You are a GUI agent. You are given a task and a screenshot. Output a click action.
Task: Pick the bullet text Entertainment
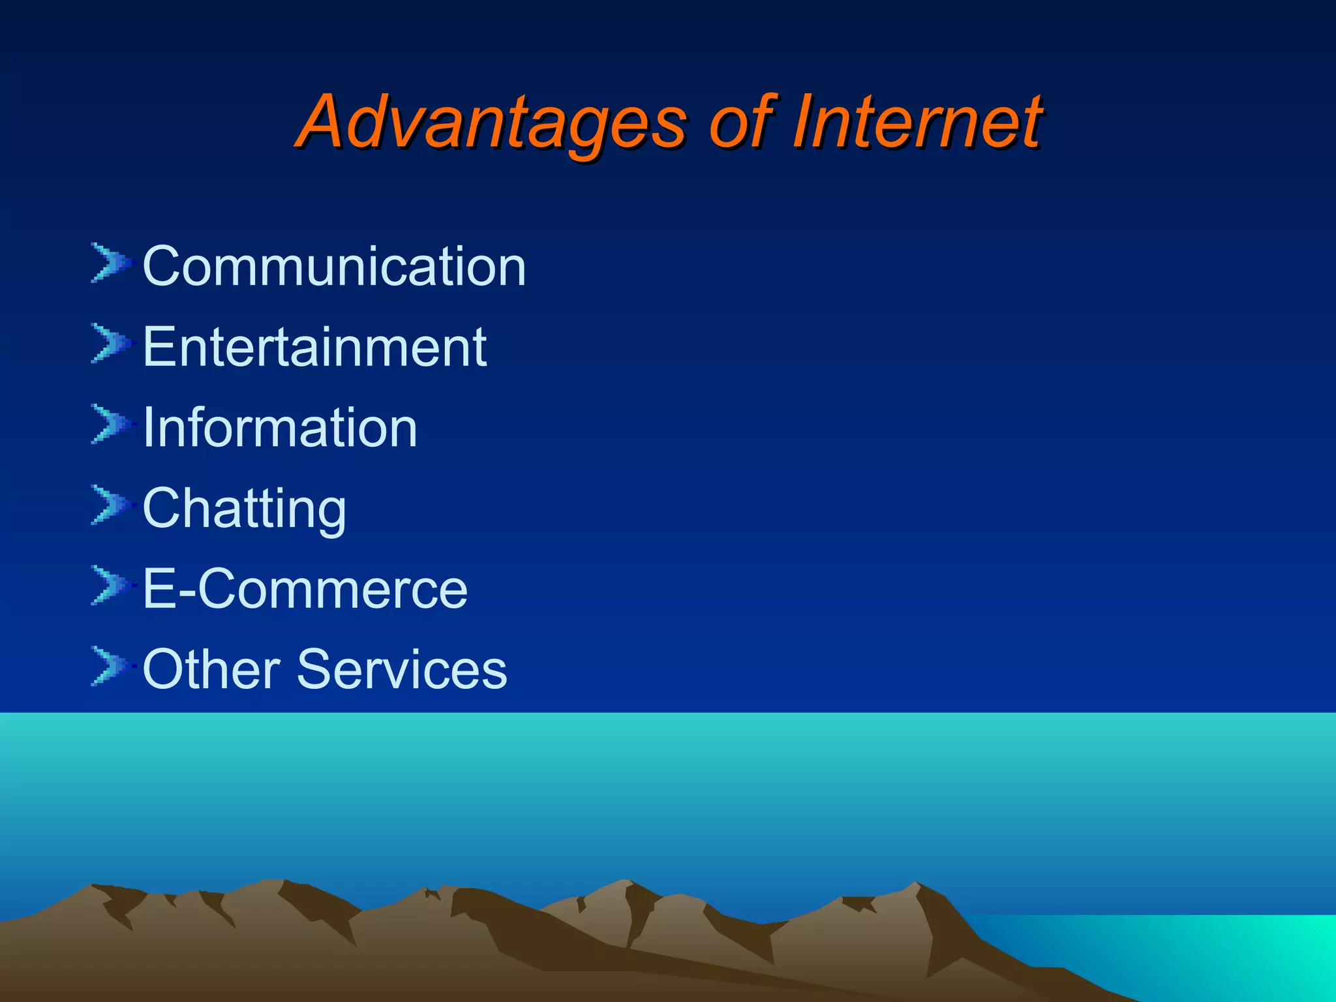[314, 347]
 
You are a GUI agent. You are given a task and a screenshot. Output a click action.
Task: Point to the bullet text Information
[280, 428]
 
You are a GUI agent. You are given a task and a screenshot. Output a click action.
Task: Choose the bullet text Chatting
[245, 509]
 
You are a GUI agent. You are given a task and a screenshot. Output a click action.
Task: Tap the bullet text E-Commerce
[305, 589]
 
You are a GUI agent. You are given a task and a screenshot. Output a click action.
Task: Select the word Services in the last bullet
[402, 669]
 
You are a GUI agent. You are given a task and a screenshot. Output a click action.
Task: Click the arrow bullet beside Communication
[110, 262]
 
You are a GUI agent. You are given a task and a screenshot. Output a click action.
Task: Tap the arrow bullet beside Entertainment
[110, 343]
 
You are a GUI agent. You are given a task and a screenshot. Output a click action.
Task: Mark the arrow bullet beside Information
[110, 424]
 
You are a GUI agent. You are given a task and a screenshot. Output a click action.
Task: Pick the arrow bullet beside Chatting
[110, 505]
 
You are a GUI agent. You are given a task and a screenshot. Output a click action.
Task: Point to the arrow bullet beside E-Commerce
[110, 585]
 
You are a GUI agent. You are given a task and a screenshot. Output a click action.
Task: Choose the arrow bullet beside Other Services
[110, 666]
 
